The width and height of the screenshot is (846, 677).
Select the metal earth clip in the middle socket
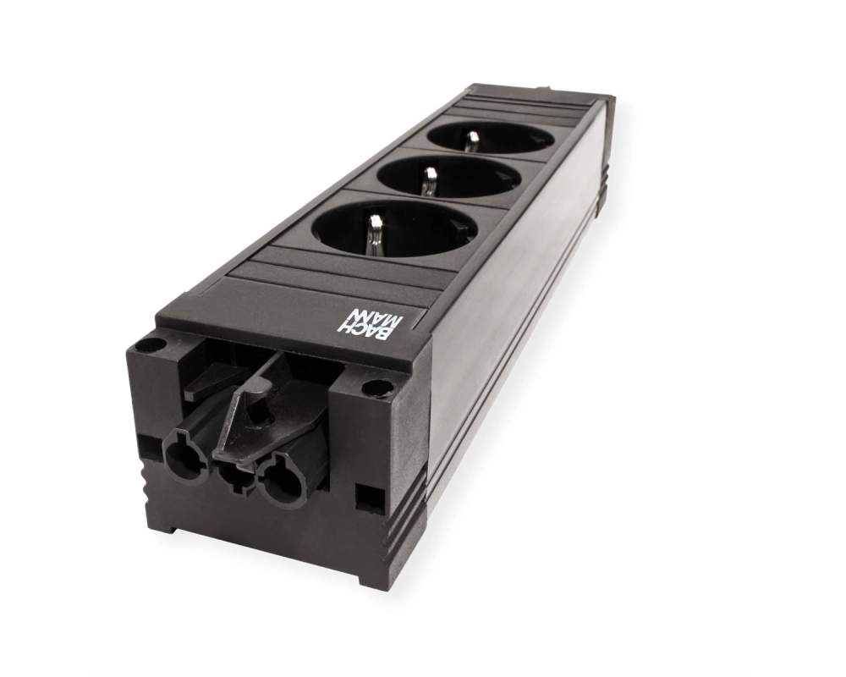(430, 180)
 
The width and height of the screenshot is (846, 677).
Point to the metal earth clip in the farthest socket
(472, 141)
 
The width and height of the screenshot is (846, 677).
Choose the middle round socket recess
(448, 177)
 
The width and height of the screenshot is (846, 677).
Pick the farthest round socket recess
(491, 138)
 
